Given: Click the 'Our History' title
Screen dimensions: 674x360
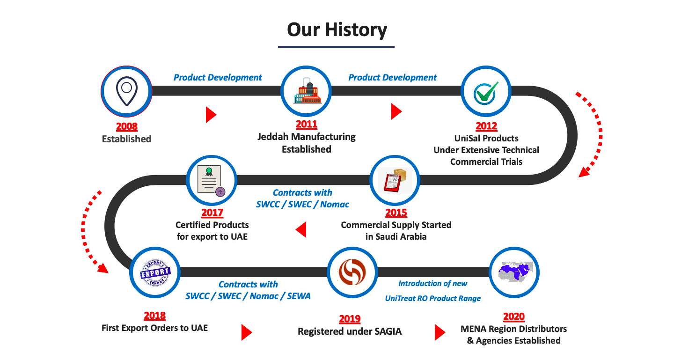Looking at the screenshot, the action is tap(337, 30).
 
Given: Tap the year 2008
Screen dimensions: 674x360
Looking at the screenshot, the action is tap(127, 126).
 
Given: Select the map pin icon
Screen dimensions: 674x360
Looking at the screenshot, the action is tap(127, 91).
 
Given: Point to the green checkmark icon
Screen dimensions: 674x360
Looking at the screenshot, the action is tap(486, 93).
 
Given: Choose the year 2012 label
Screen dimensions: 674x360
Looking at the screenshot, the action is tap(486, 126).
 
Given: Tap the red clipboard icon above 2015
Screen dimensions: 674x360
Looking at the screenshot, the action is tap(395, 180).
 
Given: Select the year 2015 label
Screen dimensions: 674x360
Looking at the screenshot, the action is tap(396, 213).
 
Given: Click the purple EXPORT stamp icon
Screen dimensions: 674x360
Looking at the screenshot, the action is tap(155, 272).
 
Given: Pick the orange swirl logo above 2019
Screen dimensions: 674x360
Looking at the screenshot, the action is tap(352, 272).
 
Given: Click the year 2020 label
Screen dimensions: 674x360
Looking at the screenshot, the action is tap(514, 316).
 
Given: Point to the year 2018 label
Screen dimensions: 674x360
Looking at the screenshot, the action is tap(154, 316).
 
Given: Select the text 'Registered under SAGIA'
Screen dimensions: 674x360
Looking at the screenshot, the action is tap(350, 331).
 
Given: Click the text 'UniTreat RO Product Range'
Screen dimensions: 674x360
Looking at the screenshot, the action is tap(432, 298).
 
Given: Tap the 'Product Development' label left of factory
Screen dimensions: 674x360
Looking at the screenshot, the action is tap(218, 77).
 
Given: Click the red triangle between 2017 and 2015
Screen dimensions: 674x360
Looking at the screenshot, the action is tap(301, 230).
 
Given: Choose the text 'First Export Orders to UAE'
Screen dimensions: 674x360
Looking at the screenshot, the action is tap(154, 328).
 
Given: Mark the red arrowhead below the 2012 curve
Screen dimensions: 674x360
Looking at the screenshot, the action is tap(584, 172).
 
